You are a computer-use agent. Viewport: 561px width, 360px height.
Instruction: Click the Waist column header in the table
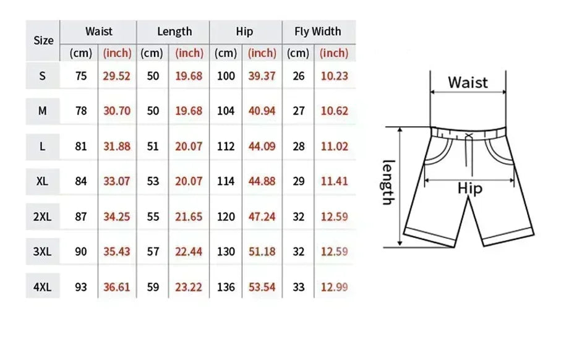coord(99,32)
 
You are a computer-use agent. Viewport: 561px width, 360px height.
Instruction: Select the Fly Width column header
coord(317,32)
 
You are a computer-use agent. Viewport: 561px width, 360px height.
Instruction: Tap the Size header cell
coord(43,41)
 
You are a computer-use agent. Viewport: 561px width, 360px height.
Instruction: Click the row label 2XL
coord(43,216)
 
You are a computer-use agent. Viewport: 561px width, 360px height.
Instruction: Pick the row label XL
coord(43,181)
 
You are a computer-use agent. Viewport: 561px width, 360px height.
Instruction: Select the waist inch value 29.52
coord(117,76)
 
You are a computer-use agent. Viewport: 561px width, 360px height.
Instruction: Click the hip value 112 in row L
coord(226,147)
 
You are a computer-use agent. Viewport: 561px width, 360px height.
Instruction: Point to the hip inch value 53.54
coord(262,287)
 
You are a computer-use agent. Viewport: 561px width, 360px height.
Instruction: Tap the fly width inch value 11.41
coord(334,181)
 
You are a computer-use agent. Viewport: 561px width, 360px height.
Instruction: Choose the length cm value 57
coord(153,252)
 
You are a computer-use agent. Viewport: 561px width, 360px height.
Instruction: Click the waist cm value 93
coord(81,287)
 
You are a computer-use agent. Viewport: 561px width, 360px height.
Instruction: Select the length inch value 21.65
coord(189,216)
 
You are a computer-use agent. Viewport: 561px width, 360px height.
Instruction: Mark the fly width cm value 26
coord(298,76)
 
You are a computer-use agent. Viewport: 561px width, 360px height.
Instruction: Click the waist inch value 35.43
coord(117,252)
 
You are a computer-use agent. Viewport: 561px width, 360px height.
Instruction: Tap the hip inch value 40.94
coord(262,111)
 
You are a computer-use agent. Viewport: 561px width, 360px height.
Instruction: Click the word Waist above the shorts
coord(468,82)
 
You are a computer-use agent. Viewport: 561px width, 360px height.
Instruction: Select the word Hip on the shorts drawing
coord(470,189)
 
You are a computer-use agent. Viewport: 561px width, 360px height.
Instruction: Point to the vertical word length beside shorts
coord(388,182)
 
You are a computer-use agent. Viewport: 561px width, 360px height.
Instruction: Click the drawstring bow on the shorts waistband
coord(468,136)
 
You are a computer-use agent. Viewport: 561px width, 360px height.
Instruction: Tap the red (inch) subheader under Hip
coord(262,53)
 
